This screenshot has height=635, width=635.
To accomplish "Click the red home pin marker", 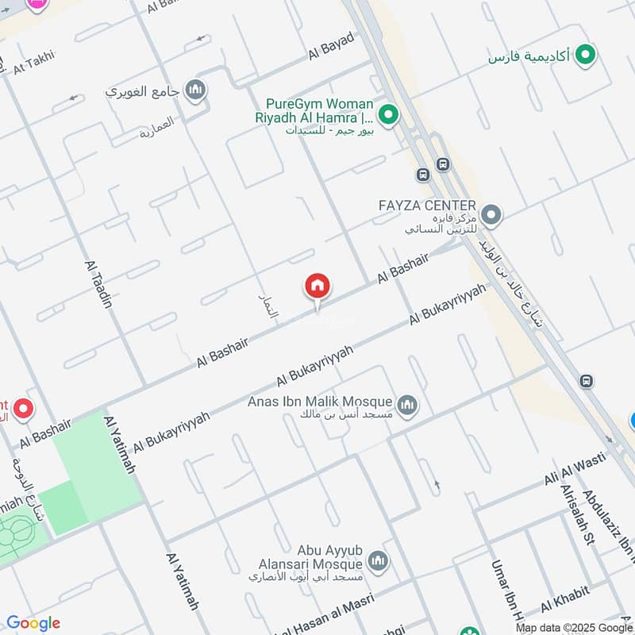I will (x=317, y=287).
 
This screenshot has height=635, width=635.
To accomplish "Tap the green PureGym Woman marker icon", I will (x=388, y=116).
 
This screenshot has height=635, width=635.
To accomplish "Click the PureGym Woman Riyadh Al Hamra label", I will (x=319, y=110).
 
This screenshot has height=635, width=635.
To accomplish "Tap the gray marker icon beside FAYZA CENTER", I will (x=491, y=214).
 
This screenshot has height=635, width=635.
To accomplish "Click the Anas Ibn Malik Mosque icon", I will (x=407, y=405).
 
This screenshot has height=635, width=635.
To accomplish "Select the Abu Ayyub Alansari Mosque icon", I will (x=379, y=561).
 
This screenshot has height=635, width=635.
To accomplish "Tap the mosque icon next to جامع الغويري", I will (x=195, y=90).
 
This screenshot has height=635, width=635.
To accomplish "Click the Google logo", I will (x=33, y=623).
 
